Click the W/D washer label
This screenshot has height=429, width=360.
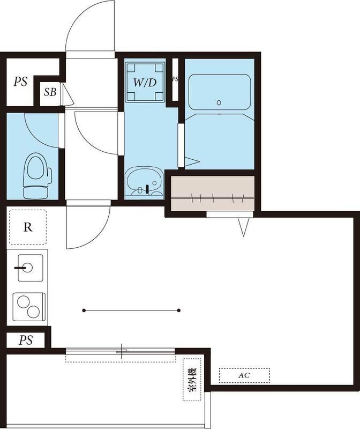click(x=145, y=83)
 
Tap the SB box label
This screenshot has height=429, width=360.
click(x=50, y=92)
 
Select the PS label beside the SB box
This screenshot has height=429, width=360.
click(x=21, y=82)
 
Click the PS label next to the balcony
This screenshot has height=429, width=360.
click(x=25, y=341)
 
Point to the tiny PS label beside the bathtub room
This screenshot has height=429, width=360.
click(x=175, y=79)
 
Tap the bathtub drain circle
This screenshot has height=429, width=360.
click(x=219, y=102)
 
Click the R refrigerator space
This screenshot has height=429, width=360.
click(x=27, y=227)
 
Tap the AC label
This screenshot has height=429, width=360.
click(x=244, y=375)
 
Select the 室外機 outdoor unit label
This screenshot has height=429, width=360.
click(x=192, y=380)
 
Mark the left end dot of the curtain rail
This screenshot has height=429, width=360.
click(x=84, y=310)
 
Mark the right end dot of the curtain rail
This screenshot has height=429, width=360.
click(x=178, y=310)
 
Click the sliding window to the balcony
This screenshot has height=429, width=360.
click(x=121, y=352)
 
